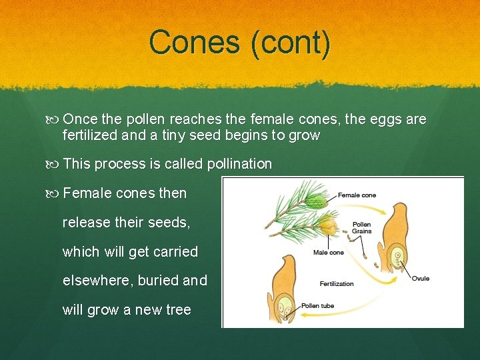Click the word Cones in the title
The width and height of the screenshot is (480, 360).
pyautogui.click(x=194, y=42)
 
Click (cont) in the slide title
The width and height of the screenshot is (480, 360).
pyautogui.click(x=289, y=43)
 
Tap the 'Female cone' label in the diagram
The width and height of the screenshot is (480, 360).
pyautogui.click(x=357, y=195)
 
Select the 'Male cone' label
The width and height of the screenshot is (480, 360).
pyautogui.click(x=328, y=253)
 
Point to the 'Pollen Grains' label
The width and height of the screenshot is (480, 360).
pyautogui.click(x=362, y=228)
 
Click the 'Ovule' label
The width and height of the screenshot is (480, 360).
pyautogui.click(x=421, y=278)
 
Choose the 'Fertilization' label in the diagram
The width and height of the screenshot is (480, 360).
pyautogui.click(x=337, y=284)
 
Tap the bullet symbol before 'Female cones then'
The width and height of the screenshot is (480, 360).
pyautogui.click(x=54, y=193)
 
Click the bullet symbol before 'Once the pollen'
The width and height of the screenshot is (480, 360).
pyautogui.click(x=54, y=119)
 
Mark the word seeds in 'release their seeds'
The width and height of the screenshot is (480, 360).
pyautogui.click(x=170, y=223)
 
